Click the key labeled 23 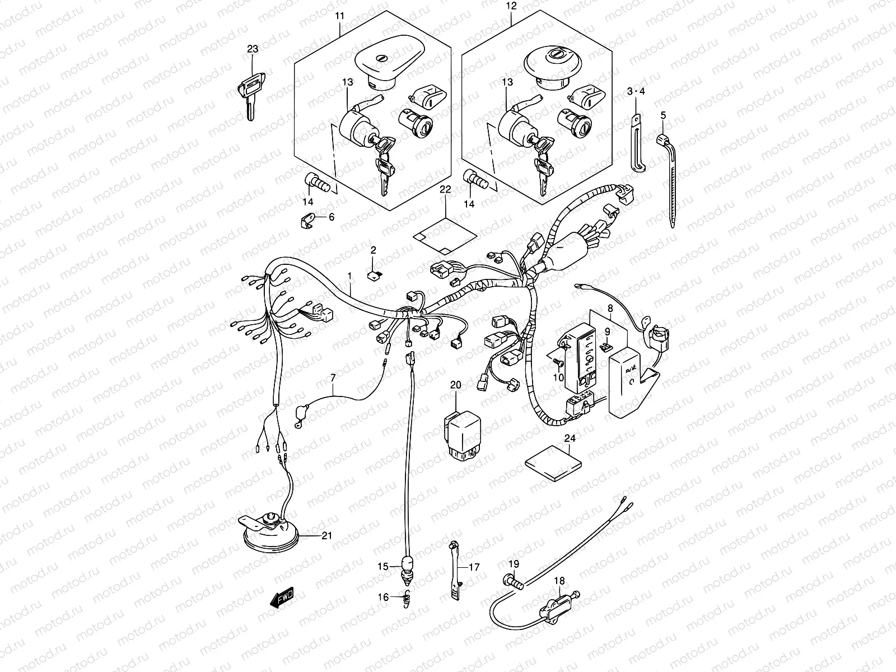pyautogui.click(x=250, y=93)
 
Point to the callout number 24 pyautogui.click(x=570, y=438)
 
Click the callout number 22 pyautogui.click(x=445, y=190)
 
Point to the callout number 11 pyautogui.click(x=340, y=16)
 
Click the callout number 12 pyautogui.click(x=511, y=7)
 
